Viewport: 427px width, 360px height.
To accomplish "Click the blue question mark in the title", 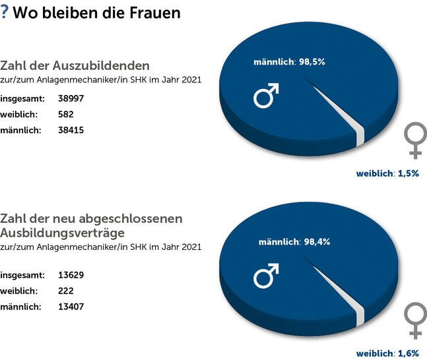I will (x=5, y=13).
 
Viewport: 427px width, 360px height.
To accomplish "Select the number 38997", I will (x=70, y=99).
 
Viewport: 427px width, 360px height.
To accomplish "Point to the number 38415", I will (x=70, y=130).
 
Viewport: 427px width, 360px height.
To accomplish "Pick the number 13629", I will (x=70, y=274).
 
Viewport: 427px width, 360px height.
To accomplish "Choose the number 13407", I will (x=70, y=306).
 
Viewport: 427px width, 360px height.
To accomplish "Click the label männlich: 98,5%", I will (x=290, y=63).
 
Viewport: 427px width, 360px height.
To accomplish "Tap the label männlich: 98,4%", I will (x=293, y=242).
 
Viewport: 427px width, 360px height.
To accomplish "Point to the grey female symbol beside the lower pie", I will (x=414, y=320).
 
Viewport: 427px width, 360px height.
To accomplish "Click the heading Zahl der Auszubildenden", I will (x=75, y=66).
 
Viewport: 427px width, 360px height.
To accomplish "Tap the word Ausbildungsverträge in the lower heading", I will (x=73, y=233).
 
